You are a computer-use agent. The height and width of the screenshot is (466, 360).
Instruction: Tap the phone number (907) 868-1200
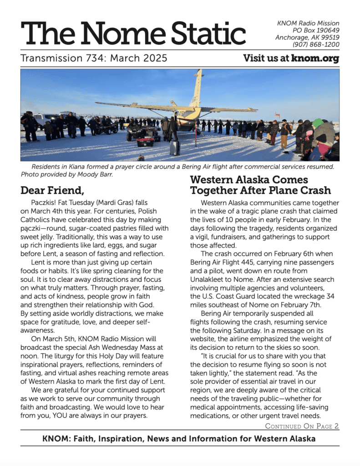tap(316, 45)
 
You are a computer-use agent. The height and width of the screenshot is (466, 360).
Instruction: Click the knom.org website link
tap(315, 58)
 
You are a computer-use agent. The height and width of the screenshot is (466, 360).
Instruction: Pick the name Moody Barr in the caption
tap(96, 174)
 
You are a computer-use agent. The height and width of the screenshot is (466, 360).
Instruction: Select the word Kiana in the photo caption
tap(77, 167)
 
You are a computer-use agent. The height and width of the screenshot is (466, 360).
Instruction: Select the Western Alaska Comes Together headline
tap(260, 185)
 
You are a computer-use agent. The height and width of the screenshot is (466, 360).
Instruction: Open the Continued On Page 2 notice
tap(302, 426)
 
